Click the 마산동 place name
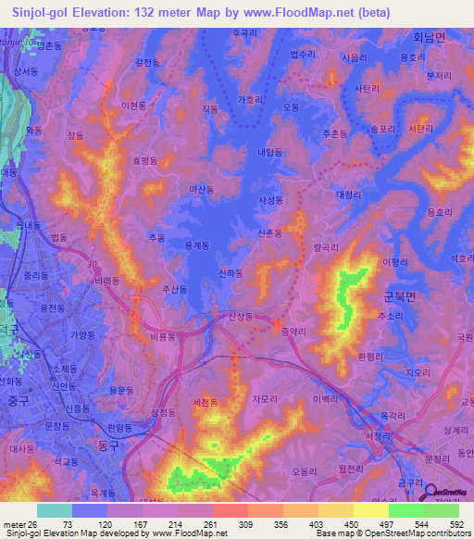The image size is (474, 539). pos(201,189)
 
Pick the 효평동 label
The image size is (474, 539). pos(145,160)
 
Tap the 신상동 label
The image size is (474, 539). pos(239,316)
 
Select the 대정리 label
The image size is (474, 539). pos(351,194)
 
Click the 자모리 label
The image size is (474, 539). pos(265,398)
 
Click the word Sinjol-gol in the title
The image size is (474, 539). pos(43,13)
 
